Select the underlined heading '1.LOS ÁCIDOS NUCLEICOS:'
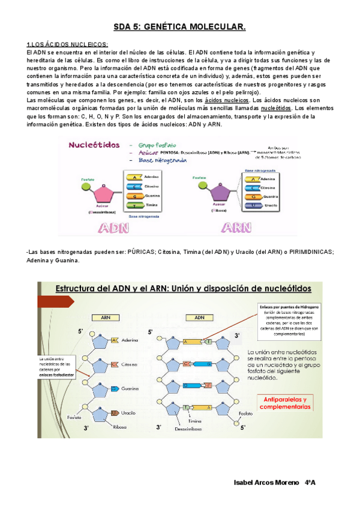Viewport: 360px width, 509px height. [68, 45]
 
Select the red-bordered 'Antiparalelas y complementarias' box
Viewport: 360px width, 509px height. [284, 386]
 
